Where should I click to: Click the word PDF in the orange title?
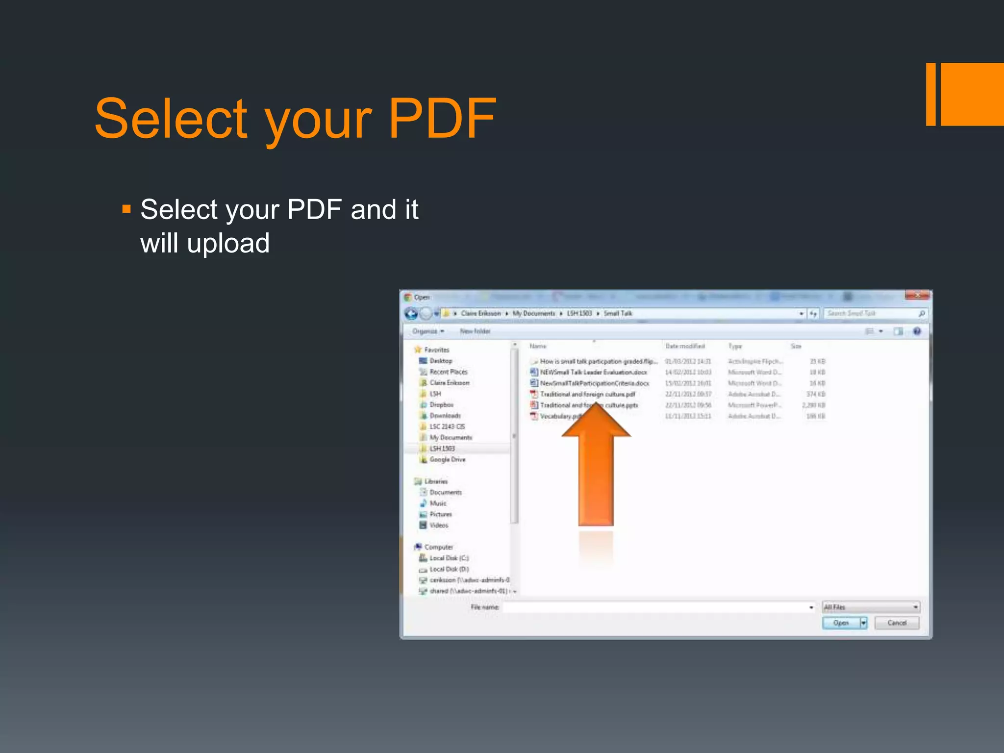442,119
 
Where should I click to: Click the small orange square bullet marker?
126,210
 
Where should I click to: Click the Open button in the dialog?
840,623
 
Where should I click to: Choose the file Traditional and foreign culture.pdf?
587,394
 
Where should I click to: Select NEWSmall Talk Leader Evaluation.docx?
593,372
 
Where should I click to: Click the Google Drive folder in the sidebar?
447,459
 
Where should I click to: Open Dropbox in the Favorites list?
441,405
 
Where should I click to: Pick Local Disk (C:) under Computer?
449,558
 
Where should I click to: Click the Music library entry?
438,503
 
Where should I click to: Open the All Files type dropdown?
870,607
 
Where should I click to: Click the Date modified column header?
685,346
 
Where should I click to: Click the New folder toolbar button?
475,331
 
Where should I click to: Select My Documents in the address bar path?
533,313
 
